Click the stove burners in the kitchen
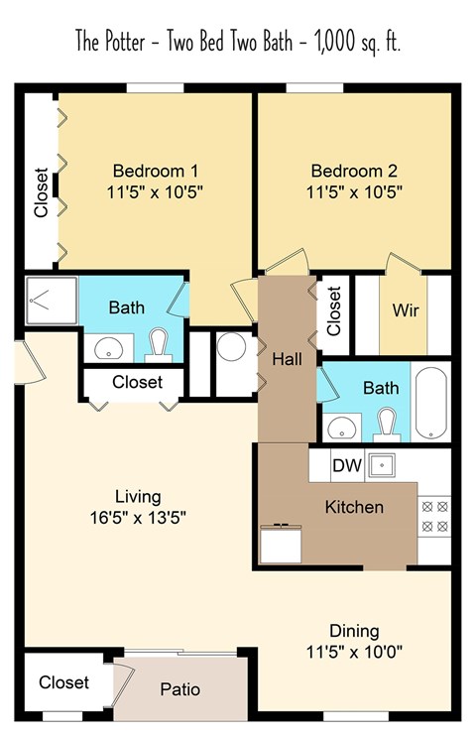[434, 516]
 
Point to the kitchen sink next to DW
[382, 463]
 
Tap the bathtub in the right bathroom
[432, 403]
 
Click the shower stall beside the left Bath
[49, 298]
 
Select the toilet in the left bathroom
[158, 345]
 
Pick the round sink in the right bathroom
[343, 428]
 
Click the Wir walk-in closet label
[406, 310]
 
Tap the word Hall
[287, 357]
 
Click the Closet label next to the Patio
[63, 682]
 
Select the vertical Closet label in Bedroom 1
[41, 192]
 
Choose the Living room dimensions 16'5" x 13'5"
[137, 517]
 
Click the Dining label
[355, 631]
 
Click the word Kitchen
[354, 507]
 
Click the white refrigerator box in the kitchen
[282, 544]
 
